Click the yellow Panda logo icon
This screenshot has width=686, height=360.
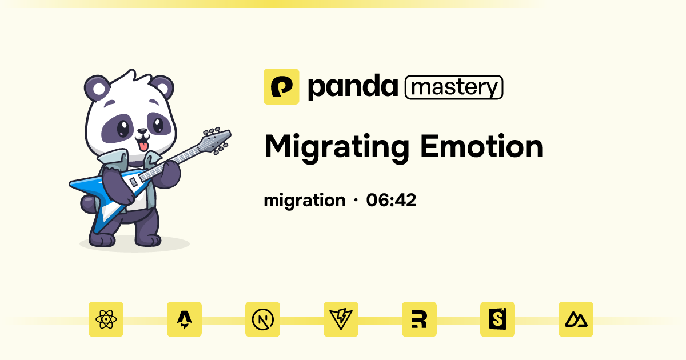[281, 86]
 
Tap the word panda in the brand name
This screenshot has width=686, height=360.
[352, 87]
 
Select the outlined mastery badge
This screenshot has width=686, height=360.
[454, 87]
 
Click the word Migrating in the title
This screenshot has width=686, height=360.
[337, 147]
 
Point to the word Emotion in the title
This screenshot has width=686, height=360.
[481, 146]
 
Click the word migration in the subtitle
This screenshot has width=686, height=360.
[305, 201]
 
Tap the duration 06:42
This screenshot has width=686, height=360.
[391, 201]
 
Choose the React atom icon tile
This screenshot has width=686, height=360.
[106, 319]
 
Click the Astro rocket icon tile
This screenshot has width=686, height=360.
[184, 319]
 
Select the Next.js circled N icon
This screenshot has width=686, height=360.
[262, 319]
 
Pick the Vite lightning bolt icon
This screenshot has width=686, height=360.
[341, 319]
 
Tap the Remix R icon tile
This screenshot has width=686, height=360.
[419, 319]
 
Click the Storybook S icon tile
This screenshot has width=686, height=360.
[497, 319]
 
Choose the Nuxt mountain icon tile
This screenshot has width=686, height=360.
[576, 319]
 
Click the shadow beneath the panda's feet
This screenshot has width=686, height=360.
[134, 245]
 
